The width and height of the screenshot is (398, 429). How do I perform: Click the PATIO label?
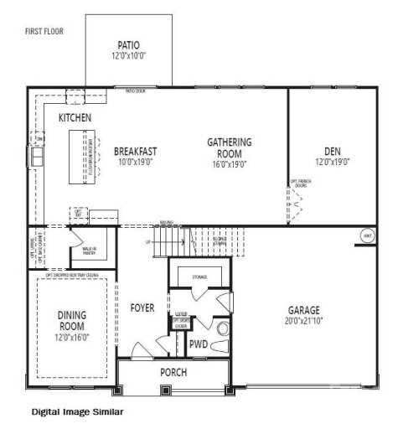[x=129, y=45]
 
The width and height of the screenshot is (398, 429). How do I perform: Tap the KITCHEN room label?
[x=75, y=118]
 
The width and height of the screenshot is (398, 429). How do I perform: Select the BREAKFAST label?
[x=136, y=152]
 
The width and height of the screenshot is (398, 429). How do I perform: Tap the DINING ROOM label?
[x=71, y=320]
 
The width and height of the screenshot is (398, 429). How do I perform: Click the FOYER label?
[x=142, y=308]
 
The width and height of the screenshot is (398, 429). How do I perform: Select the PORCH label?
[x=173, y=372]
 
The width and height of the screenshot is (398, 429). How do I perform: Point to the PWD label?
[x=199, y=344]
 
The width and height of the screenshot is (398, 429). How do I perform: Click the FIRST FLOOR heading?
[x=44, y=31]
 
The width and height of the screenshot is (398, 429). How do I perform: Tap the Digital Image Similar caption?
[x=78, y=412]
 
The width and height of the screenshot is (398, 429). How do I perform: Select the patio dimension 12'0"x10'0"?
[x=129, y=56]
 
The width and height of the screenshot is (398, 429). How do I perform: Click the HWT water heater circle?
[x=366, y=236]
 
